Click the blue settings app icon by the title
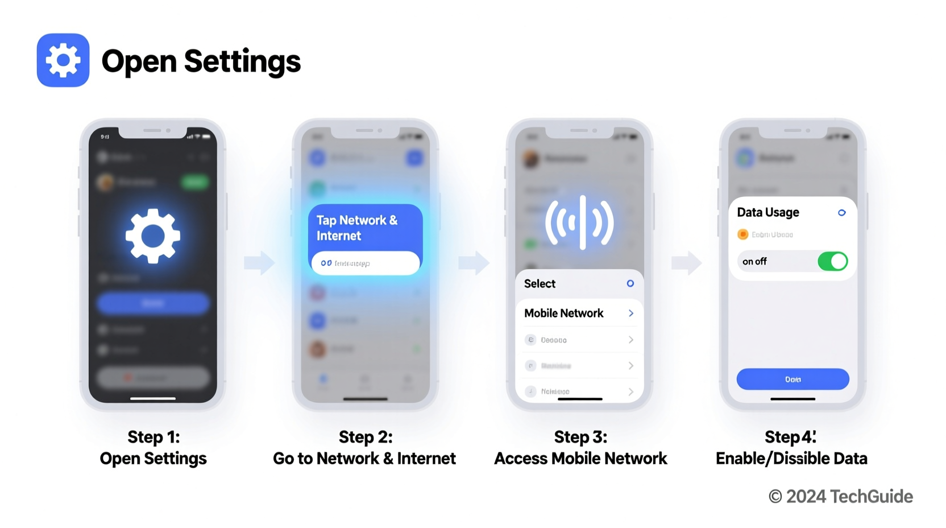[63, 60]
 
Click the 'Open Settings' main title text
[201, 61]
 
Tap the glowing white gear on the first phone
[152, 236]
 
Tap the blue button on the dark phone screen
[152, 303]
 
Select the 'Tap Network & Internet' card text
[356, 228]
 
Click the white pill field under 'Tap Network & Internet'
[365, 263]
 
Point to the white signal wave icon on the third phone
[579, 222]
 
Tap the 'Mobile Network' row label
[563, 313]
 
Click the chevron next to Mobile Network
[630, 313]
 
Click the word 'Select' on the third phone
[540, 283]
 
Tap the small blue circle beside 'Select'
[630, 283]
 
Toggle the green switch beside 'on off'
[832, 261]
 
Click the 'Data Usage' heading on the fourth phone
[767, 212]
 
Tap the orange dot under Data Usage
[742, 234]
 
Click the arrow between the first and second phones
[259, 262]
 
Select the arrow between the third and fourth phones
[686, 262]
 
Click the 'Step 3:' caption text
[580, 436]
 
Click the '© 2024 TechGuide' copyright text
[840, 496]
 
